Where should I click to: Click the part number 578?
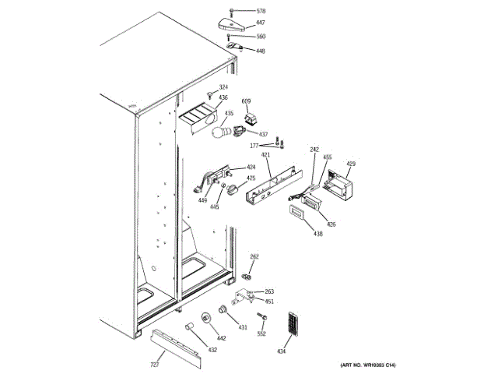(x=261, y=12)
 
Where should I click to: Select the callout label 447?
(x=261, y=23)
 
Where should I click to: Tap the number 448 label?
(x=261, y=51)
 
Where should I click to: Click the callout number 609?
(x=247, y=101)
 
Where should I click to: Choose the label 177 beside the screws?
(x=254, y=146)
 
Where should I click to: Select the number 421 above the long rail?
(x=265, y=155)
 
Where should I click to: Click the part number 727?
(x=155, y=365)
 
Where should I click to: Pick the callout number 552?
(x=261, y=333)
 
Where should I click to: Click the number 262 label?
(x=254, y=256)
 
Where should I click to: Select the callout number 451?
(x=269, y=302)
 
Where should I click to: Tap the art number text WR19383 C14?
(x=368, y=365)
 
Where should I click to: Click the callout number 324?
(x=223, y=87)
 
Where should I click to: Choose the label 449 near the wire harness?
(x=202, y=200)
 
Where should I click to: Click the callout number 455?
(x=328, y=158)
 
